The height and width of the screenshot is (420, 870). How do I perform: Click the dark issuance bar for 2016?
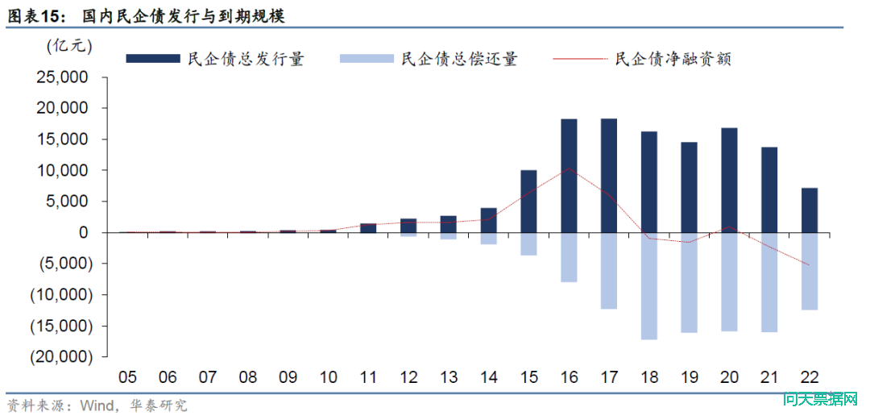click(x=569, y=176)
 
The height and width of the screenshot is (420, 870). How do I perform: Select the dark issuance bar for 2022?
click(x=810, y=210)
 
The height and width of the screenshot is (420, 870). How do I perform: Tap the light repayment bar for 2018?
click(x=649, y=285)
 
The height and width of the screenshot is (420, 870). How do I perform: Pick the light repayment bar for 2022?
click(x=810, y=271)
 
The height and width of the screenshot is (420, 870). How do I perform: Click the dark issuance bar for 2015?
click(x=528, y=201)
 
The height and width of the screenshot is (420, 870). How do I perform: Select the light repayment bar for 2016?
click(x=569, y=257)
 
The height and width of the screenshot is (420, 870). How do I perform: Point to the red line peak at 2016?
click(x=569, y=168)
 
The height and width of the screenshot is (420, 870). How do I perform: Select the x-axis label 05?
click(x=127, y=376)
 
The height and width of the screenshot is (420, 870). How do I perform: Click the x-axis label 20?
click(x=729, y=376)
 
